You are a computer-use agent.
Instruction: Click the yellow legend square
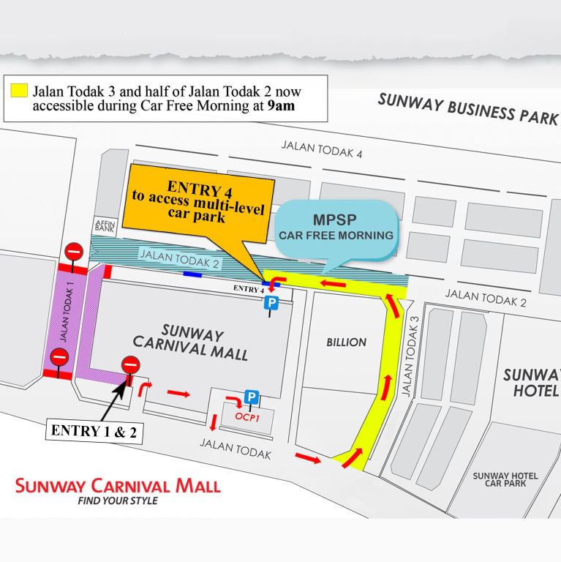point(19,91)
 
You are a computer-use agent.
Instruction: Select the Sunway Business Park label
point(467,109)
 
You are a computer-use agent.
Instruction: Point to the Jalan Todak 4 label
point(322,150)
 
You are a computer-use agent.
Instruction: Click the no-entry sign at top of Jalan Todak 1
point(74,251)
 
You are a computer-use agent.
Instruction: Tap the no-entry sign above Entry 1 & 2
point(130,363)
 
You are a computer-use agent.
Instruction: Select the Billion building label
point(345,342)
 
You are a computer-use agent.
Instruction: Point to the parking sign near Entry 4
point(271,303)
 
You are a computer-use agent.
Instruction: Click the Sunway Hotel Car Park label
point(505,480)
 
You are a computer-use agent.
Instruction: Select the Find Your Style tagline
point(117,501)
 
